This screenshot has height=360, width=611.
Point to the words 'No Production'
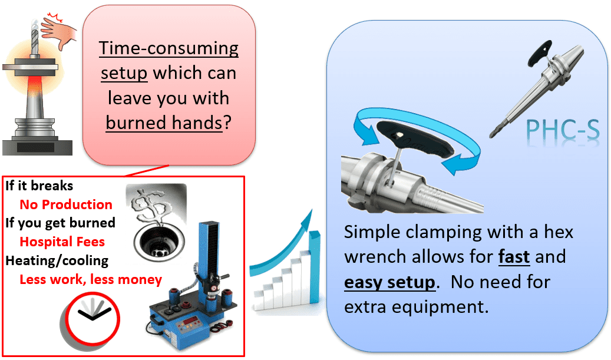pos(66,204)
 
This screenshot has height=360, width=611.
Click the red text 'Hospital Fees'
pos(62,242)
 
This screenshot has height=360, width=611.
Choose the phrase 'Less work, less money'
pos(91,279)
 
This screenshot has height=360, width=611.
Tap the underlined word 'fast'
pos(514,257)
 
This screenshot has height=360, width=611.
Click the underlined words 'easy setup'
pos(389,282)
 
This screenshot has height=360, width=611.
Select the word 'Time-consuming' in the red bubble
pos(169,48)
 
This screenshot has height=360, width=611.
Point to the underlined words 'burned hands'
pos(164,123)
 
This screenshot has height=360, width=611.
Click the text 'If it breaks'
pos(39,186)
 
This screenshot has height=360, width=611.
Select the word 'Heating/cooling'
pos(57,260)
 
